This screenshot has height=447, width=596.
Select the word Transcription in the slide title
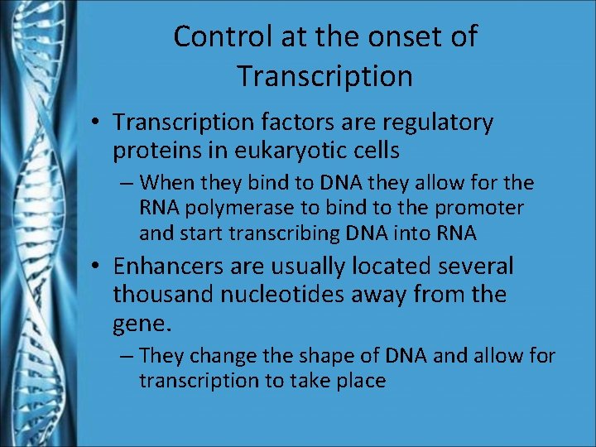tap(324, 76)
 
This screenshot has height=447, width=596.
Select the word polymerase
tap(228, 208)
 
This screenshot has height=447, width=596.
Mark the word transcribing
tap(276, 233)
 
